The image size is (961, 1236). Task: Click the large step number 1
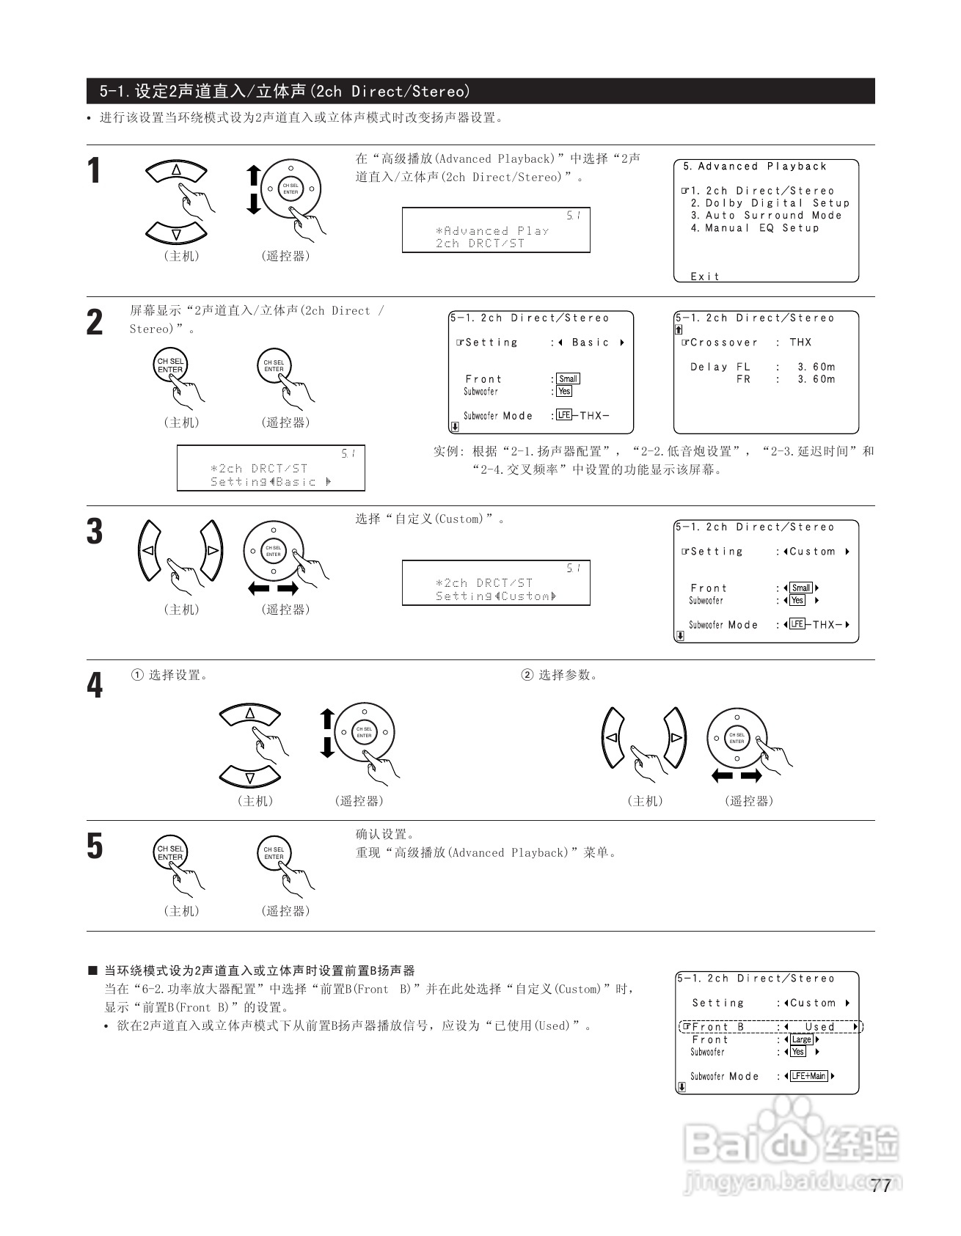coord(94,172)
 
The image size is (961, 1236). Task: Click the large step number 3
coord(95,532)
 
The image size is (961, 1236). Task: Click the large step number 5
coord(95,846)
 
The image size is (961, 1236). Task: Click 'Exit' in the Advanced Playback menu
coord(705,277)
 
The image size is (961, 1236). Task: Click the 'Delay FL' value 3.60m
coord(816,367)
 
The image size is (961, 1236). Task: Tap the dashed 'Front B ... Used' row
coord(770,1027)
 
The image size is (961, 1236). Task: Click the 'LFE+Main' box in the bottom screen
coord(808,1076)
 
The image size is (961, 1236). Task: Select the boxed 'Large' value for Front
coord(801,1039)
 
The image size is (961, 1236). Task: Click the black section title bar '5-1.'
coord(480,91)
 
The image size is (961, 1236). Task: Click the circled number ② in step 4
coord(527,675)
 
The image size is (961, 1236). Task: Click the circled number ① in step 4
coord(136,675)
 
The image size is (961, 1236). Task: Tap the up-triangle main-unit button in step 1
coord(176,170)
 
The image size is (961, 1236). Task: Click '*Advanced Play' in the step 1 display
coord(492,231)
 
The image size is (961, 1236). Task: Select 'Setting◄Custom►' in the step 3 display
coord(496,596)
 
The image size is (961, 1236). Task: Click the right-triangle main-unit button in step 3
coord(212,549)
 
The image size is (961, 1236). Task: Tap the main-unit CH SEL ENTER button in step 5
coord(170,853)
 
